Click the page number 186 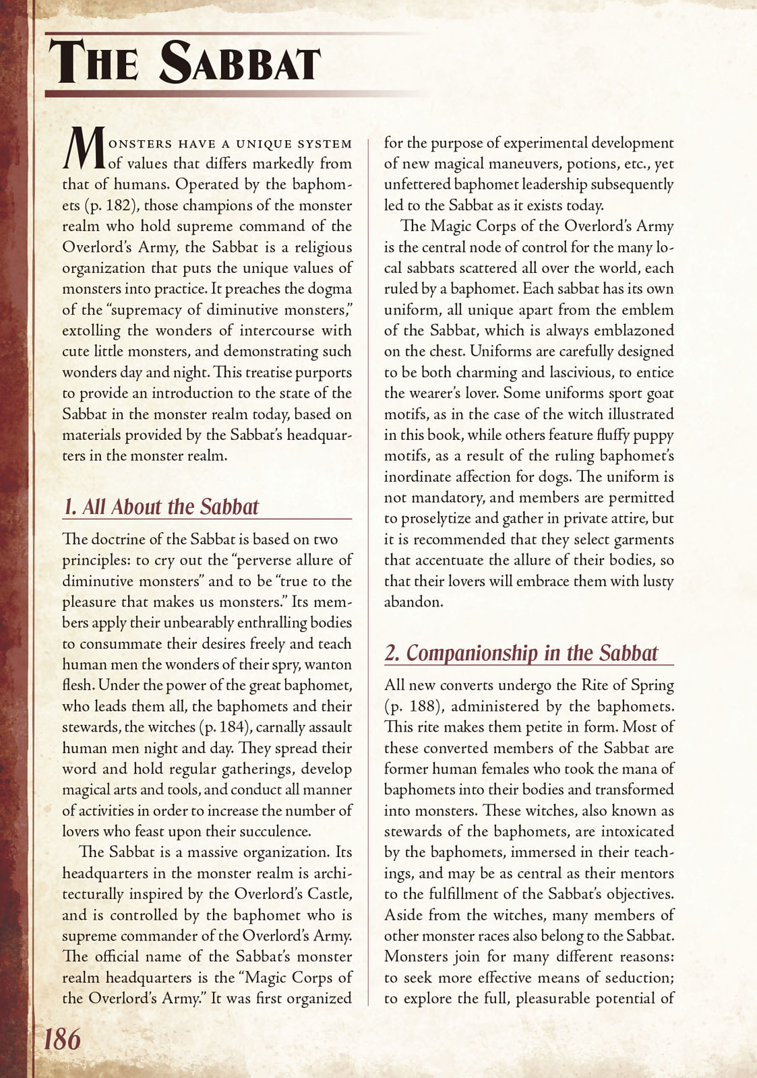coord(62,1039)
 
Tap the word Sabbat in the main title coord(239,63)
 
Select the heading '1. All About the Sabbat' coord(160,507)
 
